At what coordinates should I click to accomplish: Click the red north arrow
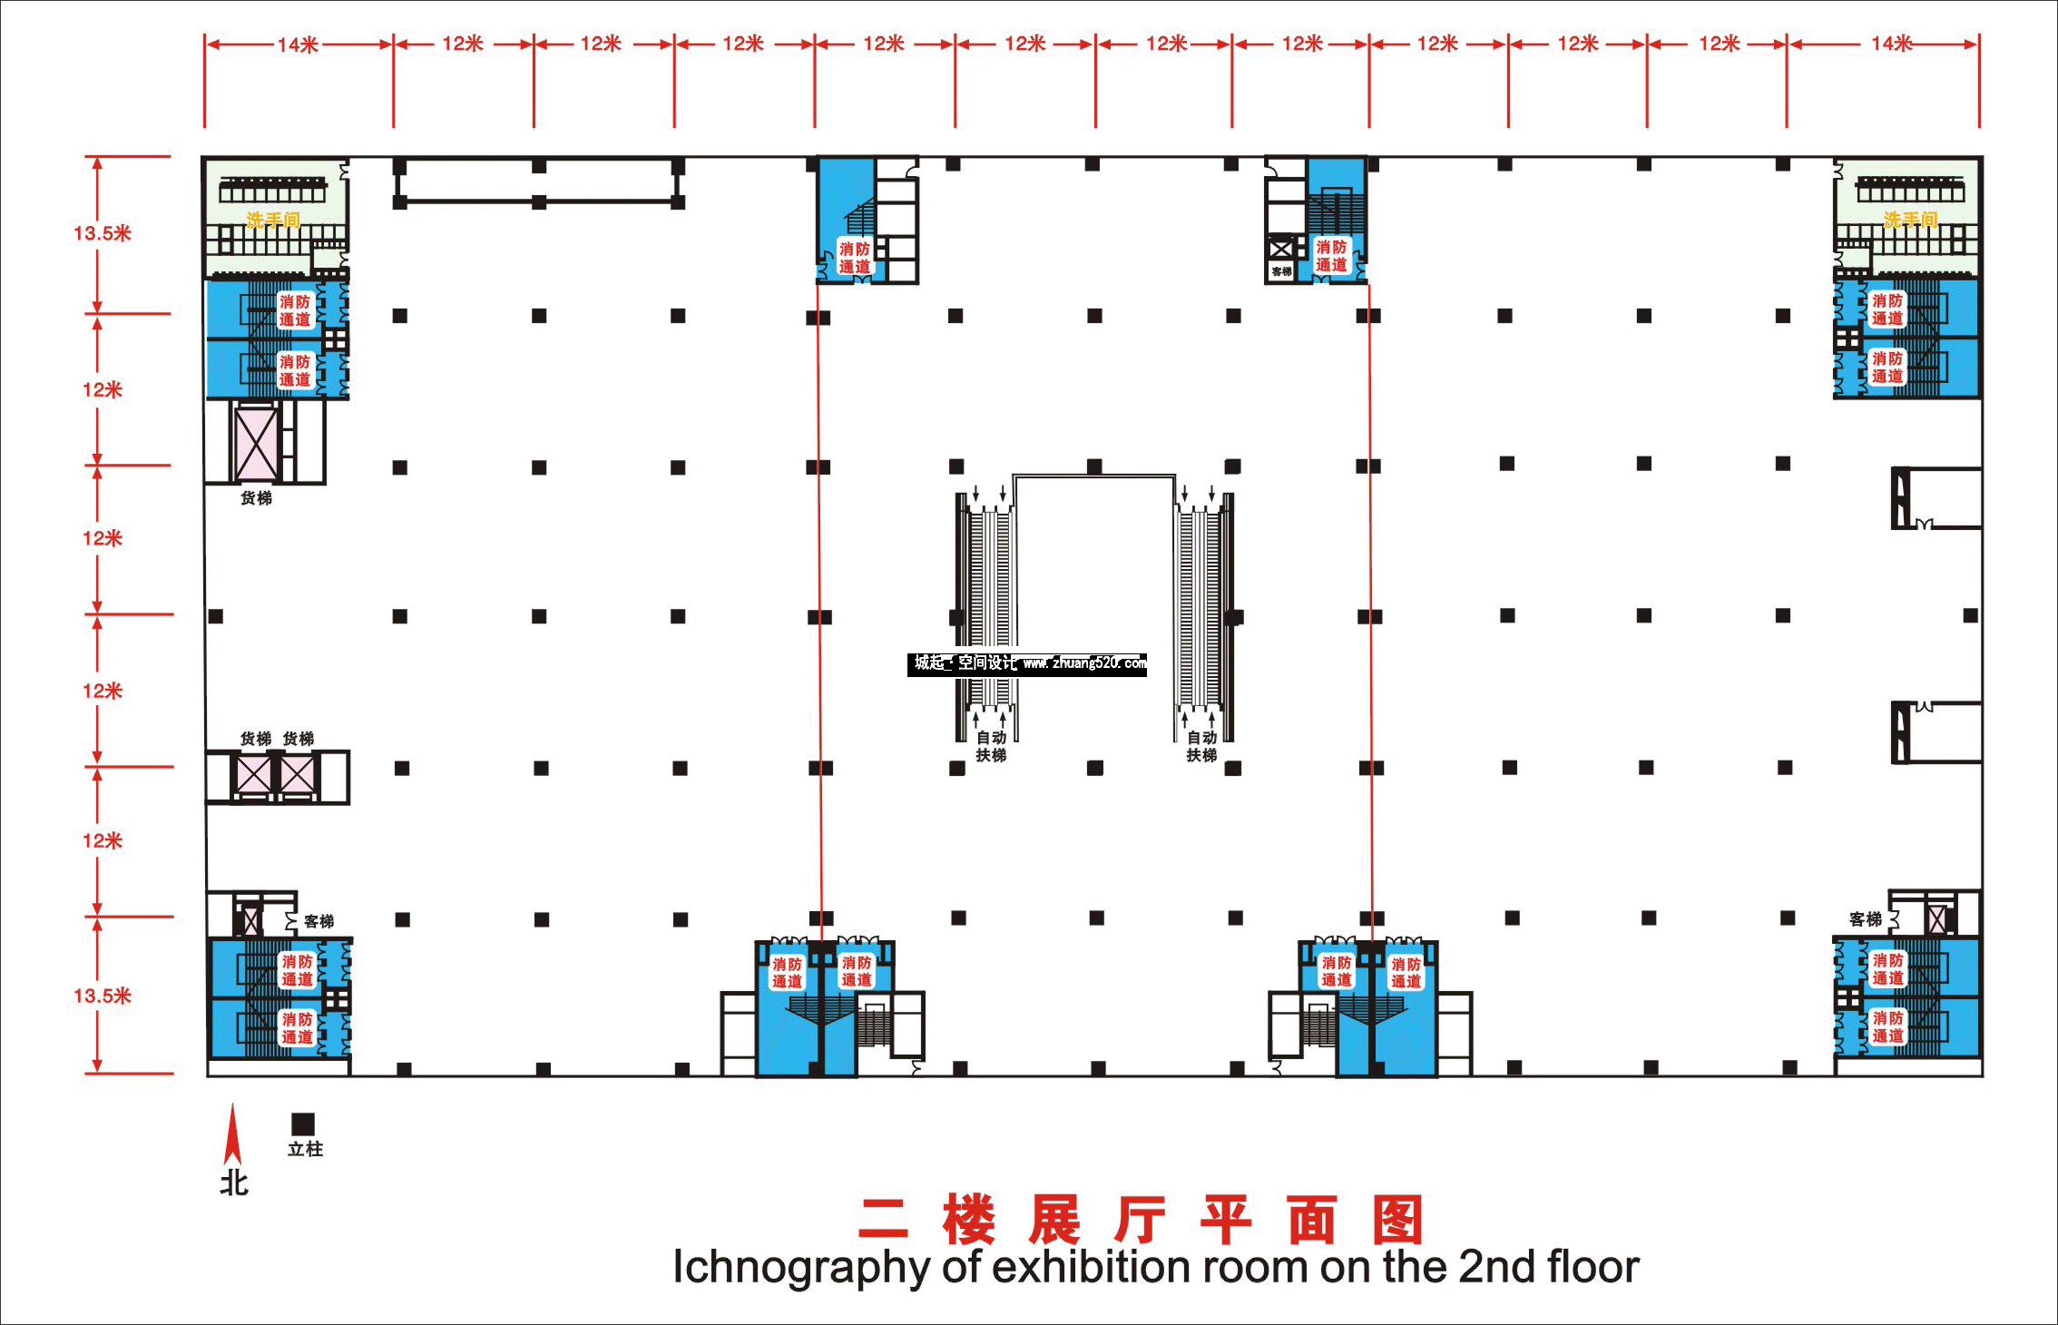tap(233, 1134)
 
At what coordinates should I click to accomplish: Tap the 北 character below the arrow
tap(234, 1183)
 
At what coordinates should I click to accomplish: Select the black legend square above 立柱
tap(303, 1124)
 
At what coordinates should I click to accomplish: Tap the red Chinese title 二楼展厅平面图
tap(1140, 1220)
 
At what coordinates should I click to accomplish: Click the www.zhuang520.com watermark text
tap(1084, 663)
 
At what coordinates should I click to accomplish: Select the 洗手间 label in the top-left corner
tap(273, 221)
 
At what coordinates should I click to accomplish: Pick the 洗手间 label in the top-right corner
tap(1910, 220)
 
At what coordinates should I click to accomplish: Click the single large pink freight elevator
tap(257, 444)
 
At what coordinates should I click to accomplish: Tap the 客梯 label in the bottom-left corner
tap(319, 921)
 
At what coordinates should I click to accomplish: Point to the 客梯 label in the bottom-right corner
tap(1866, 919)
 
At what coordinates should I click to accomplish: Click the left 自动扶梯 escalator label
tap(991, 746)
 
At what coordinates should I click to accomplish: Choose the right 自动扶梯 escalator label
tap(1201, 746)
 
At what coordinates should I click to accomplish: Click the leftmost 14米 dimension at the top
tap(298, 44)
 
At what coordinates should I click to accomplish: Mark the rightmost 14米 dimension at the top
tap(1892, 44)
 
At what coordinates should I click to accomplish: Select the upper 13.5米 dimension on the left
tap(103, 233)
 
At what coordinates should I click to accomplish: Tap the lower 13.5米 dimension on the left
tap(103, 996)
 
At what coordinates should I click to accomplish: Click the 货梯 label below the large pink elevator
tap(256, 498)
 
